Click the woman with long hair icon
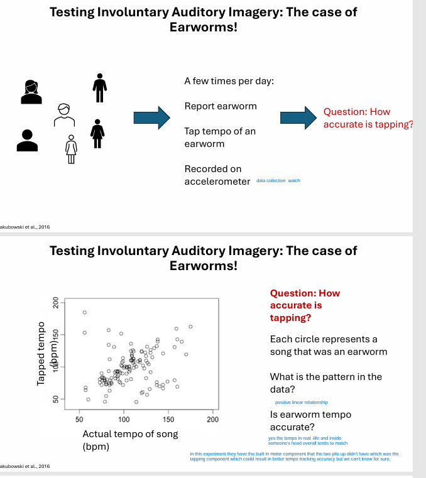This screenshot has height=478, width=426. (30, 92)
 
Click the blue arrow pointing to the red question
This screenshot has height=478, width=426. (297, 117)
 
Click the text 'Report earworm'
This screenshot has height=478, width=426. (221, 106)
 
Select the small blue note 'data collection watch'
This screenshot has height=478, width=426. (278, 181)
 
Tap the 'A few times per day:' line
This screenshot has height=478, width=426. (229, 81)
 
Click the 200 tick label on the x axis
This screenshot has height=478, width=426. (213, 418)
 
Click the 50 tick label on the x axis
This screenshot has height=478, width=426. (79, 418)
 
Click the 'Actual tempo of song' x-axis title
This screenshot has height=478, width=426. (130, 434)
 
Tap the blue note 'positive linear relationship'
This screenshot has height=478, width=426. (302, 403)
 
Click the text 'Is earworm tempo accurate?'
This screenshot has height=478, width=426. (310, 421)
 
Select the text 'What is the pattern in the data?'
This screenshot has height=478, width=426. (325, 383)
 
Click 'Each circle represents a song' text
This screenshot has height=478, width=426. (328, 345)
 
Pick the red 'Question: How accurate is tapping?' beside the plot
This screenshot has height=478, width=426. (304, 305)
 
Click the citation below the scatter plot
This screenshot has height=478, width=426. (25, 467)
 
